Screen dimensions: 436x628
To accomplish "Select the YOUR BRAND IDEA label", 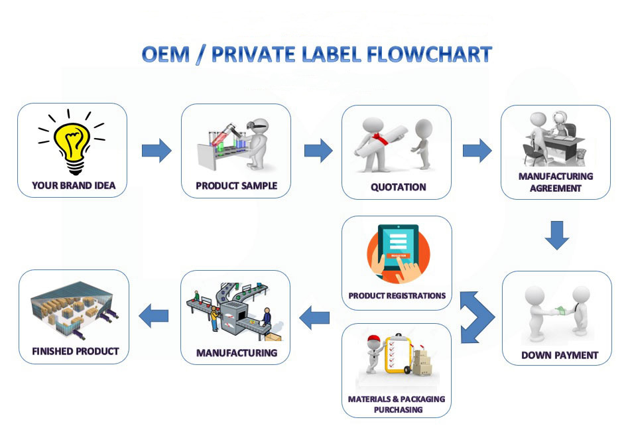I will pyautogui.click(x=74, y=186).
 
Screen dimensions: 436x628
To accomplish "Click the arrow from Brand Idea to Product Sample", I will pyautogui.click(x=157, y=151).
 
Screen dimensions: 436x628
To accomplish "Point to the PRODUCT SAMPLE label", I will pyautogui.click(x=236, y=186).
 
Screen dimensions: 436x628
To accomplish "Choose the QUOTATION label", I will pyautogui.click(x=398, y=187).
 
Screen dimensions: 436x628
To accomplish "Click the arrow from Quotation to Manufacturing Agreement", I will pyautogui.click(x=477, y=151).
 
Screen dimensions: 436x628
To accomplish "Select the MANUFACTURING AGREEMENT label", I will pyautogui.click(x=556, y=182).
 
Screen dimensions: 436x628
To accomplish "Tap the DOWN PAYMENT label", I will pyautogui.click(x=559, y=355).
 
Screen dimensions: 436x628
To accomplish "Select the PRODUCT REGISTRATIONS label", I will pyautogui.click(x=397, y=295).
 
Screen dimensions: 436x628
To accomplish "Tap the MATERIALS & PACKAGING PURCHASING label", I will pyautogui.click(x=397, y=404).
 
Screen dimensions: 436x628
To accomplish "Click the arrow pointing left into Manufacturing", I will pyautogui.click(x=314, y=319).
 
